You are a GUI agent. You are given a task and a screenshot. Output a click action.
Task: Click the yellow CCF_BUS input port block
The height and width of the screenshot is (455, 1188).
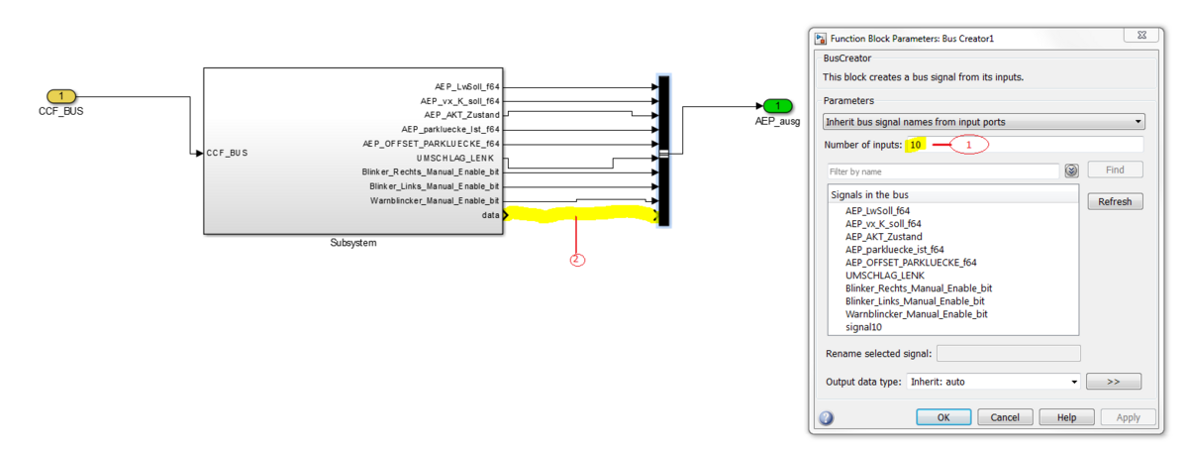point(61,96)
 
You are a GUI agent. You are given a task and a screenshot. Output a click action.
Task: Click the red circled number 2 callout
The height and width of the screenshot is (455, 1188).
point(577,260)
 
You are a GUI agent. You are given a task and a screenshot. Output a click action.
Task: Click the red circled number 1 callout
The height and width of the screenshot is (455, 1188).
point(970,145)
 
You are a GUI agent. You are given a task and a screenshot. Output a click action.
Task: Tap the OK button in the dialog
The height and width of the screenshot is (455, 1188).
point(943,417)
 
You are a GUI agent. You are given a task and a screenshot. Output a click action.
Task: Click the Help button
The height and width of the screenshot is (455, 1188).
point(1066,417)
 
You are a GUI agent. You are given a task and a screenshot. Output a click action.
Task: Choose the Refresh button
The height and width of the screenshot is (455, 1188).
point(1115,201)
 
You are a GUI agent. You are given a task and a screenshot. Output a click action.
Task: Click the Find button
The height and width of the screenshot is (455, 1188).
point(1115,170)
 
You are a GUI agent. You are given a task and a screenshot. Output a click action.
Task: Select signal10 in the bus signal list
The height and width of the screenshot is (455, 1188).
point(863,326)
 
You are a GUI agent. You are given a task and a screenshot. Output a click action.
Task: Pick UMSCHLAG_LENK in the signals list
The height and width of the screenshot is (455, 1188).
point(884,275)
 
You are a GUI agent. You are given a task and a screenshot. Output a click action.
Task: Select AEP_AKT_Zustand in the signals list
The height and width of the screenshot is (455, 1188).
point(883,237)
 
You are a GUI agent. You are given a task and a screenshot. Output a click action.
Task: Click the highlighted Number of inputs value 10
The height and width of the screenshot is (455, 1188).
point(916,145)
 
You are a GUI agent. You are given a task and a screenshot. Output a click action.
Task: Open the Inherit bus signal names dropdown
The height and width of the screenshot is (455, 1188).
point(984,122)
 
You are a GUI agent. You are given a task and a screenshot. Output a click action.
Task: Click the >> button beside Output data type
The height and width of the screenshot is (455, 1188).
point(1113,381)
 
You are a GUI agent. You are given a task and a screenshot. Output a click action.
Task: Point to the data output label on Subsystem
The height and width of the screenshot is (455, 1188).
point(491,215)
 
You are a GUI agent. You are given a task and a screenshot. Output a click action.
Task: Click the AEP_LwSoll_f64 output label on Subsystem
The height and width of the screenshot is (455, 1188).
point(467,86)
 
